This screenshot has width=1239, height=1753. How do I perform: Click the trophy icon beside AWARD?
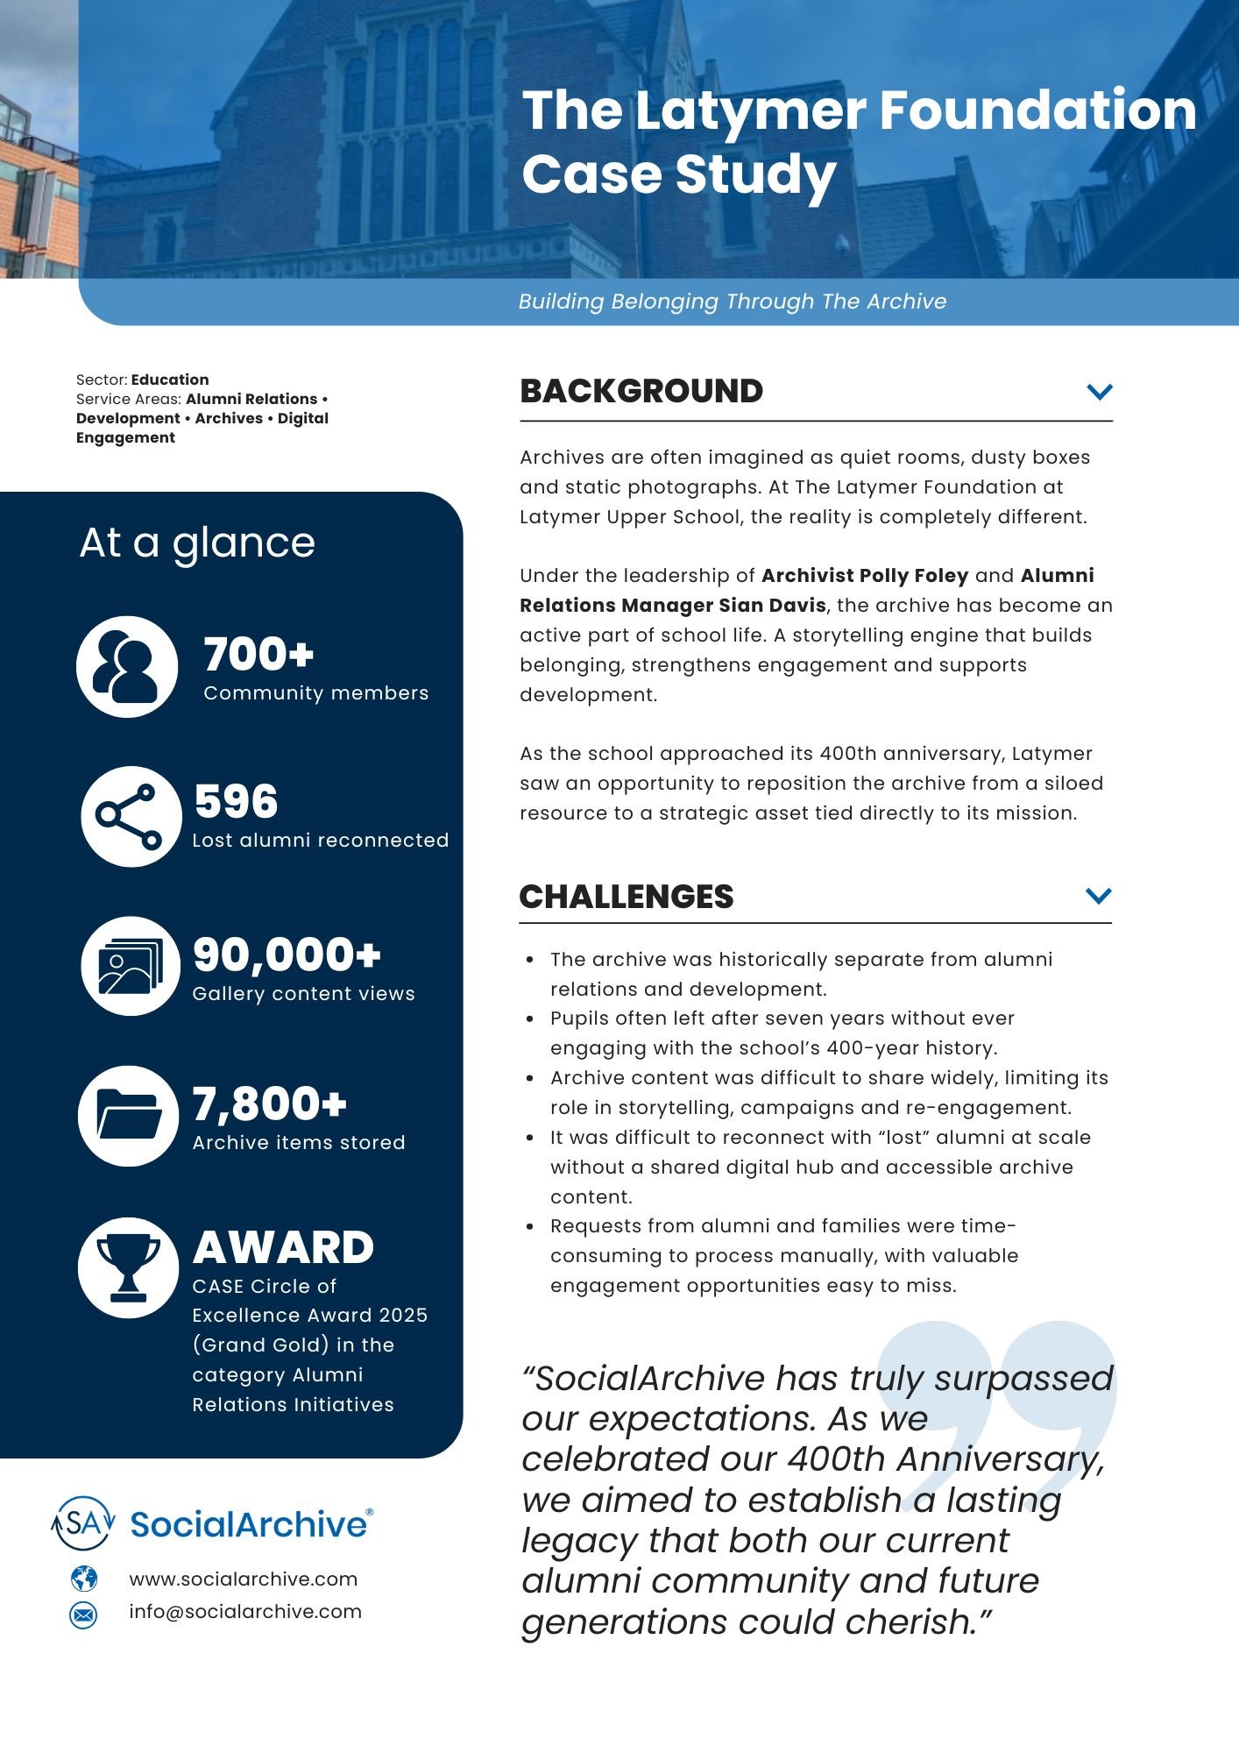click(x=128, y=1267)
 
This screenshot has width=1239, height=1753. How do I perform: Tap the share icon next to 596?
click(x=131, y=816)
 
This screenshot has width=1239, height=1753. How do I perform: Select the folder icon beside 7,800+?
click(x=129, y=1116)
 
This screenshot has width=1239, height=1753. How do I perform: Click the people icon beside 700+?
click(x=127, y=667)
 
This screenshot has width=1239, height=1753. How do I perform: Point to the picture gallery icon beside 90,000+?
click(x=131, y=967)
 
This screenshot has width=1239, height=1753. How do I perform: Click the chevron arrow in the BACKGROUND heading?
click(x=1099, y=391)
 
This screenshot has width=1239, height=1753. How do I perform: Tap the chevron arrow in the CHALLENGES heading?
click(x=1098, y=895)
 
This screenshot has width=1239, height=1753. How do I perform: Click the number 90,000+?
click(x=287, y=955)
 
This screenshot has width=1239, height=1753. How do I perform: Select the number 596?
click(x=236, y=801)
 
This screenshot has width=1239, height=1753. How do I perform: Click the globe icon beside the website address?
click(x=84, y=1579)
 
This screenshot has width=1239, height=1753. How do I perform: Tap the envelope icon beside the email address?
click(x=84, y=1614)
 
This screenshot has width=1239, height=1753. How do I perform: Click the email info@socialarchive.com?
click(x=245, y=1612)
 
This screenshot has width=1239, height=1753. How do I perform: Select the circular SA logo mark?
click(x=83, y=1523)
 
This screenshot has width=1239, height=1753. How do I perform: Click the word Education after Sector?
click(x=170, y=380)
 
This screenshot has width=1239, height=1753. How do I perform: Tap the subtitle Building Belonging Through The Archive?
click(x=732, y=302)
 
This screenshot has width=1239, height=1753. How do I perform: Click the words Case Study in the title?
click(x=679, y=174)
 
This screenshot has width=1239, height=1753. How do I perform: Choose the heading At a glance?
click(x=197, y=543)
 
